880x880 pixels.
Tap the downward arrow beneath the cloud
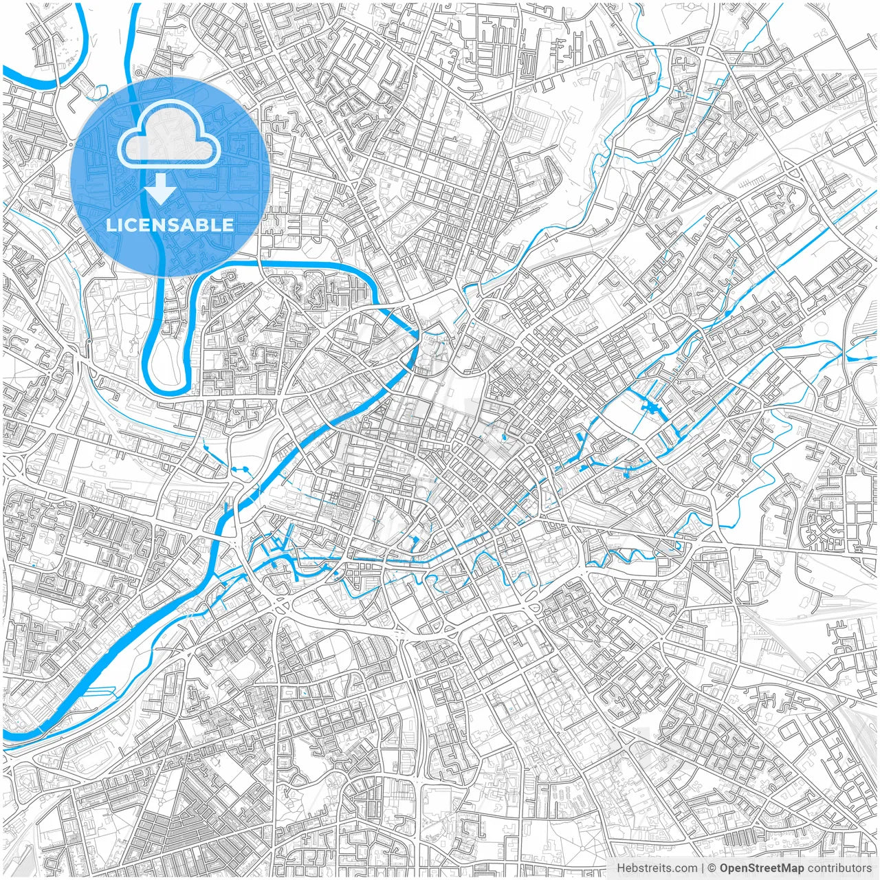coord(161,188)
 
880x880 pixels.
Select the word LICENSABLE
coord(170,225)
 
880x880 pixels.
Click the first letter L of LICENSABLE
coord(109,225)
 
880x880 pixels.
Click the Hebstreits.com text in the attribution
coord(647,868)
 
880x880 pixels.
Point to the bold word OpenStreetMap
coord(761,868)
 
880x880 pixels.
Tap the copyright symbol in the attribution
coord(712,868)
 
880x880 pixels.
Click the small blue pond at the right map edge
coord(855,357)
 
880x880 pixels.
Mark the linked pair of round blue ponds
coord(241,470)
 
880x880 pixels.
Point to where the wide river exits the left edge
coord(8,737)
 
